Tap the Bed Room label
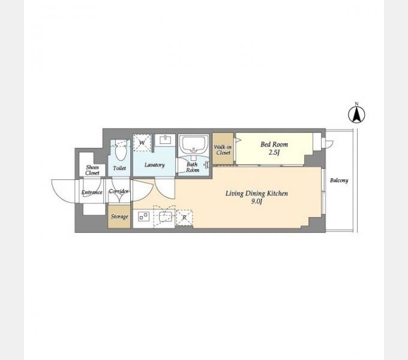(x=274, y=145)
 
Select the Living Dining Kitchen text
(x=257, y=194)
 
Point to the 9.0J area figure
(x=257, y=202)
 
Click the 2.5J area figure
(x=274, y=152)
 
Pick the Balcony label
(x=339, y=180)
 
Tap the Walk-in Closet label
(x=223, y=150)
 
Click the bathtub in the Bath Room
(x=194, y=145)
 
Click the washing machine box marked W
(x=142, y=143)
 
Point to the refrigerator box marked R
(x=184, y=217)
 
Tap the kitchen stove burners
(x=143, y=217)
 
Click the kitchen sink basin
(x=166, y=217)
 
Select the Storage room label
(x=119, y=217)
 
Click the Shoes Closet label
(x=92, y=170)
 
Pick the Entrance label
(x=92, y=193)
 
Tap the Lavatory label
(x=155, y=165)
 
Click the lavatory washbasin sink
(x=165, y=140)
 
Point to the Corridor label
(x=119, y=191)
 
